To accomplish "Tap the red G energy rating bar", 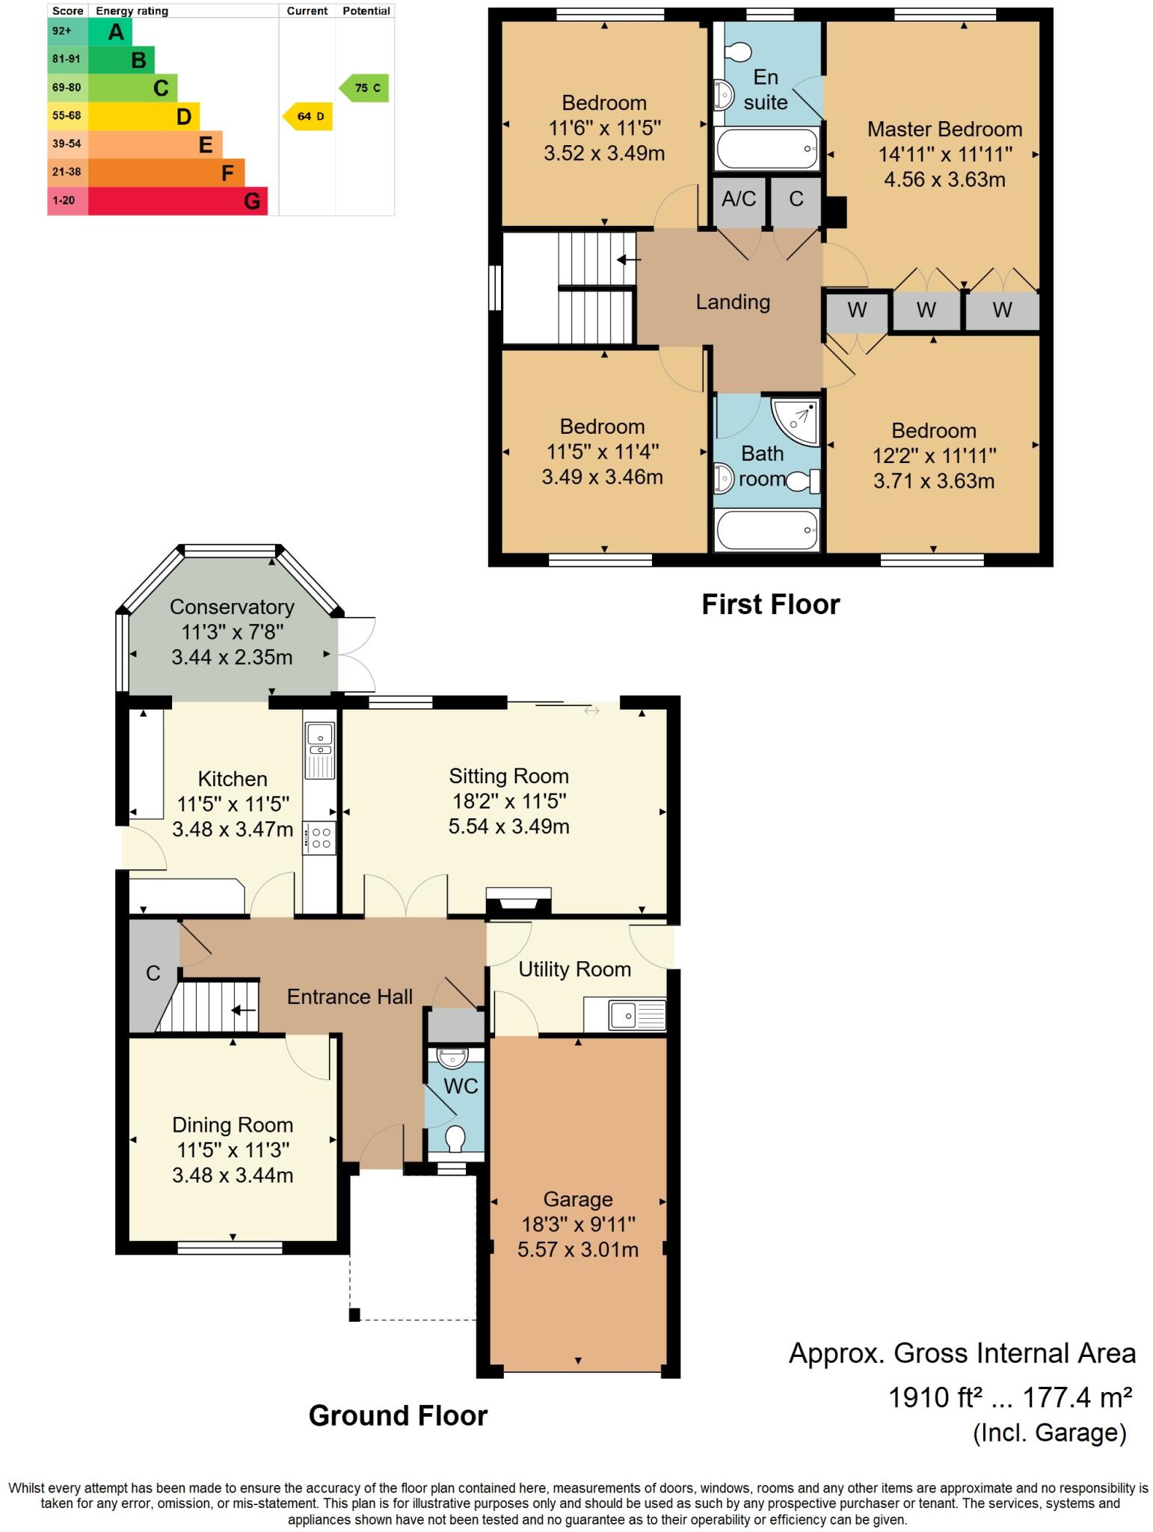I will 178,201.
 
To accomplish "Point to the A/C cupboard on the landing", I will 739,200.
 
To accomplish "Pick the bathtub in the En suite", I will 767,148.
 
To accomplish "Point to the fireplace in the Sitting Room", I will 519,901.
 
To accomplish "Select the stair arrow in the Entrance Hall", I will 243,1011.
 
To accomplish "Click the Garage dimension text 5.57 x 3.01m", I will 577,1249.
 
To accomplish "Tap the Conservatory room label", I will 232,607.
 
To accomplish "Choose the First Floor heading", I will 770,604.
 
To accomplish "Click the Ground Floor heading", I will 398,1415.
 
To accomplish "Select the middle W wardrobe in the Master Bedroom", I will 926,310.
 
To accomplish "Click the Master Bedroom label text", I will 944,129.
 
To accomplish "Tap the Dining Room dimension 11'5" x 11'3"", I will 232,1150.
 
